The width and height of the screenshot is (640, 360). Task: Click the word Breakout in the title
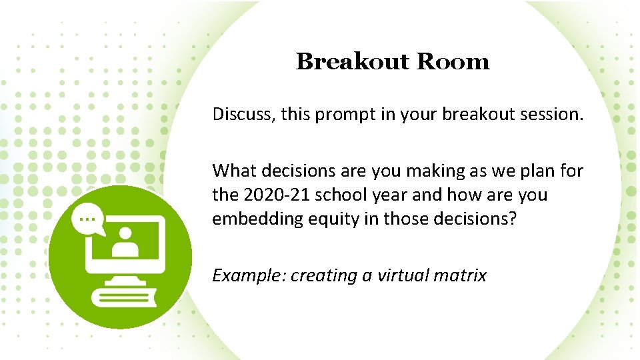tap(353, 61)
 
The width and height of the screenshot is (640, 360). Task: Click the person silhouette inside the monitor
tap(124, 245)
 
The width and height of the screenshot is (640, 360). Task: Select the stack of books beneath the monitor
tap(123, 297)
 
